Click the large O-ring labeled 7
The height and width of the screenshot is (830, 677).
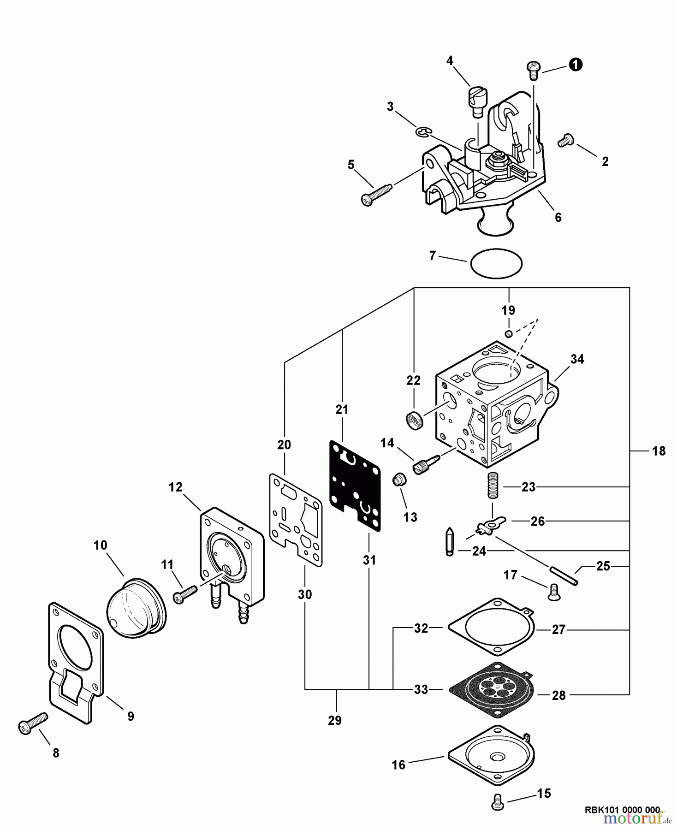click(496, 263)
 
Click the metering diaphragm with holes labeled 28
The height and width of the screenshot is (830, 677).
click(493, 689)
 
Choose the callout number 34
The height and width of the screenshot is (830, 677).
click(577, 359)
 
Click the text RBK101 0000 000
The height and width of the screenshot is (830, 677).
click(622, 809)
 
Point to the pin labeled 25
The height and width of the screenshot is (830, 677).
click(563, 576)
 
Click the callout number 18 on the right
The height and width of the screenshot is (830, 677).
click(659, 451)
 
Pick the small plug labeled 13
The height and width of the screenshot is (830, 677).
click(399, 480)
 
